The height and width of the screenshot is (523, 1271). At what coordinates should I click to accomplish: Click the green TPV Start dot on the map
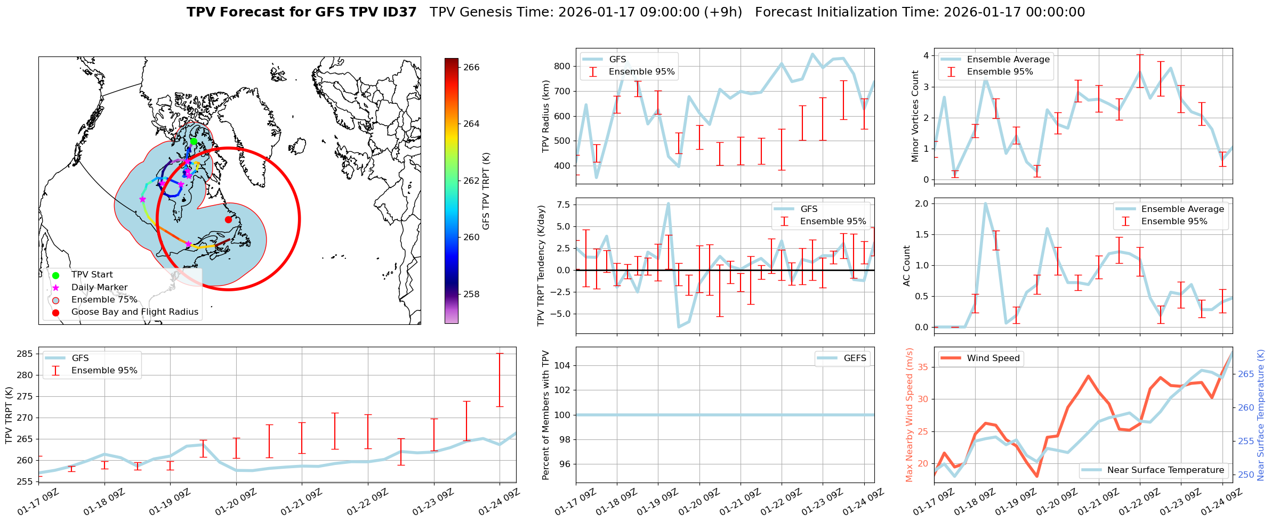[x=194, y=141]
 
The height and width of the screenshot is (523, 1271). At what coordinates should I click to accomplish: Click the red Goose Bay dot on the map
[x=228, y=219]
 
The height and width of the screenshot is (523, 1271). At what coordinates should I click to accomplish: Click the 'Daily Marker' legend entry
[x=99, y=288]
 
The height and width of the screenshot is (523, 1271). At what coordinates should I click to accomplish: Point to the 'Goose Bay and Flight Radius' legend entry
[x=134, y=312]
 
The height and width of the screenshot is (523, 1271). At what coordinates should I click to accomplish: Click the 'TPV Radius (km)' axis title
[x=546, y=116]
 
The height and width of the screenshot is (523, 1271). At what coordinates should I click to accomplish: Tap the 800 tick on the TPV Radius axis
[x=562, y=67]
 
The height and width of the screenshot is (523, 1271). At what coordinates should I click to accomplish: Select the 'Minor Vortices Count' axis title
[x=915, y=116]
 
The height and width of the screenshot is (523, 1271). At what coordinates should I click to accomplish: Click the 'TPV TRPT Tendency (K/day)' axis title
[x=542, y=266]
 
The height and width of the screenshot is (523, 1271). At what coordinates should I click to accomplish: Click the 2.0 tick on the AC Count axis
[x=922, y=203]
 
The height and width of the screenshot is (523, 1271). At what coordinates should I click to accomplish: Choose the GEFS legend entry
[x=855, y=358]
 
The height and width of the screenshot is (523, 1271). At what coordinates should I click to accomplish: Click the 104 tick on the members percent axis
[x=562, y=365]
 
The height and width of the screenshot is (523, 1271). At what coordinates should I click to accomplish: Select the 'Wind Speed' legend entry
[x=993, y=358]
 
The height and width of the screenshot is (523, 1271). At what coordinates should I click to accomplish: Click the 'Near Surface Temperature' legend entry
[x=1165, y=470]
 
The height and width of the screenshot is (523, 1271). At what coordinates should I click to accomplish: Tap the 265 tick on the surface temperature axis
[x=1246, y=374]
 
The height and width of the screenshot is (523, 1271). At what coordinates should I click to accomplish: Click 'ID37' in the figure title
[x=399, y=12]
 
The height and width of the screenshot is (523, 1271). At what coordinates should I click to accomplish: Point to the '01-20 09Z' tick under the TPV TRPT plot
[x=236, y=502]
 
